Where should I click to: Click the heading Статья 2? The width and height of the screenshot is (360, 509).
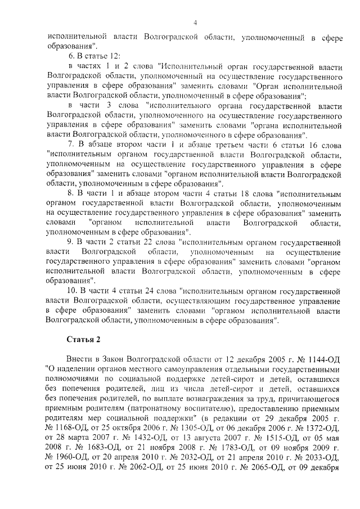coord(83,340)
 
